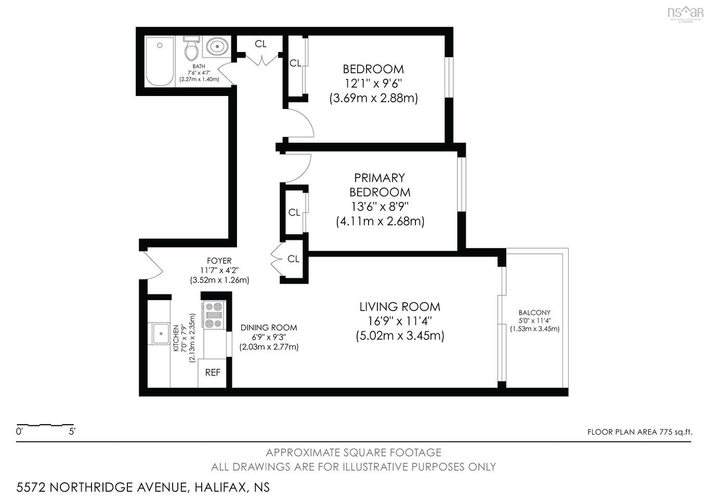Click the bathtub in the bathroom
[x=160, y=62]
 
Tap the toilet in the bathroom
[x=191, y=49]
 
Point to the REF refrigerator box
[x=213, y=372]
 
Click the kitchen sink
[x=159, y=333]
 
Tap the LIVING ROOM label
[x=400, y=307]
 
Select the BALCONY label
[x=534, y=313]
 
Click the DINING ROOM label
[x=269, y=328]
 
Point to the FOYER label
[x=219, y=261]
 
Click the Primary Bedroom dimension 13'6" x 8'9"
[x=379, y=207]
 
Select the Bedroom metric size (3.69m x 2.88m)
[x=373, y=98]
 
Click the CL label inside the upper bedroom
[x=295, y=63]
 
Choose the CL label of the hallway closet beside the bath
[x=260, y=44]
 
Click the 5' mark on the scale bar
[x=72, y=431]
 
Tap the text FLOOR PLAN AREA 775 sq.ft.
[x=639, y=432]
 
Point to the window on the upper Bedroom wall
[x=449, y=76]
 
